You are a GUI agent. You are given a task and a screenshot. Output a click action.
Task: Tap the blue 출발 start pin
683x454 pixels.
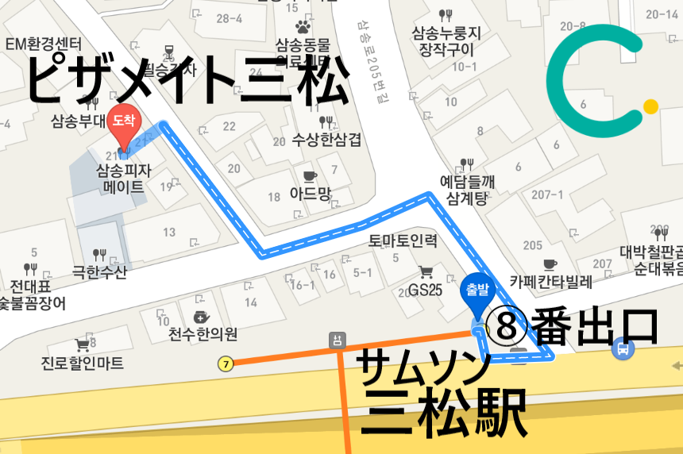(477, 290)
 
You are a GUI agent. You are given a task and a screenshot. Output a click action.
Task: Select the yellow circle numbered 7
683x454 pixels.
(226, 364)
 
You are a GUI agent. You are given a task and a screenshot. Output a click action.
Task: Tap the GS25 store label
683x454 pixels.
(425, 290)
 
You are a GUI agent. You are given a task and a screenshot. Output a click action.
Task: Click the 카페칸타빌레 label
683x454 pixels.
(551, 282)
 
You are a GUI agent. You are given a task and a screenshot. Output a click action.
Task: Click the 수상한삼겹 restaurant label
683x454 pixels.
(326, 140)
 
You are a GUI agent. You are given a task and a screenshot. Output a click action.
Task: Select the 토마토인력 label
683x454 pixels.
(403, 239)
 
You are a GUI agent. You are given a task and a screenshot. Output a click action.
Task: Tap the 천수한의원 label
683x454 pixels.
(198, 333)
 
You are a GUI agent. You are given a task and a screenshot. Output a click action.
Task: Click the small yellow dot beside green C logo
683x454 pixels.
(650, 106)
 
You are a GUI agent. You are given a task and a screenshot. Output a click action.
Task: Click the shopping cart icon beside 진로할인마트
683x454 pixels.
(82, 345)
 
